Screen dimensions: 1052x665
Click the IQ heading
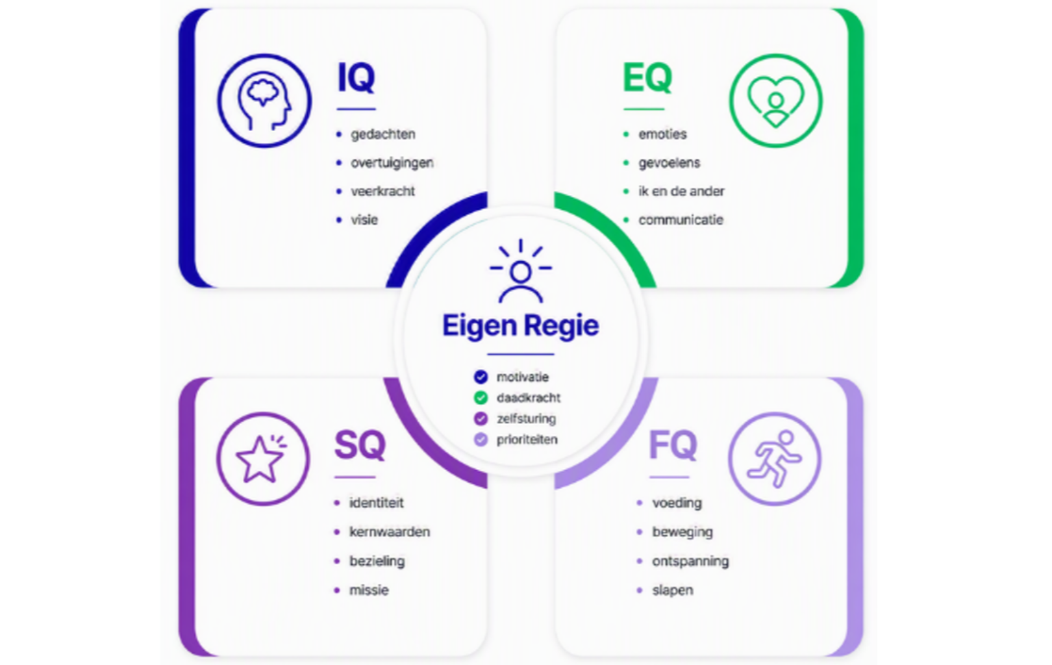[x=357, y=77]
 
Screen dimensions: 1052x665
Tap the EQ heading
[x=647, y=77]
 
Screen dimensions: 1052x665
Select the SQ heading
[x=360, y=445]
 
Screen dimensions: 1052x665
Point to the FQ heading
[x=673, y=445]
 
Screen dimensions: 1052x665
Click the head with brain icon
[x=264, y=101]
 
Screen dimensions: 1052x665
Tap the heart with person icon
[x=776, y=101]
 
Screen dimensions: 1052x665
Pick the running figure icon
[x=775, y=459]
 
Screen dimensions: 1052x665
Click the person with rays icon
[x=520, y=271]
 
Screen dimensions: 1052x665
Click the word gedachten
[x=382, y=135]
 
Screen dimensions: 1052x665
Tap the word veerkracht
[x=382, y=191]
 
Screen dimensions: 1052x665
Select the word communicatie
[x=681, y=220]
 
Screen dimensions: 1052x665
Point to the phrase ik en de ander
[x=681, y=191]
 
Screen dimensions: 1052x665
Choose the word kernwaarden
[x=390, y=532]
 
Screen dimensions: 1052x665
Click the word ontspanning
[x=690, y=562]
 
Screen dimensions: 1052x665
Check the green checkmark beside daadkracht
[x=481, y=398]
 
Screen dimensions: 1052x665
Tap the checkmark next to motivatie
[x=481, y=377]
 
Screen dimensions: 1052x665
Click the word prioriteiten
[x=527, y=440]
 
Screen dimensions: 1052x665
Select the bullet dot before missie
[x=337, y=590]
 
